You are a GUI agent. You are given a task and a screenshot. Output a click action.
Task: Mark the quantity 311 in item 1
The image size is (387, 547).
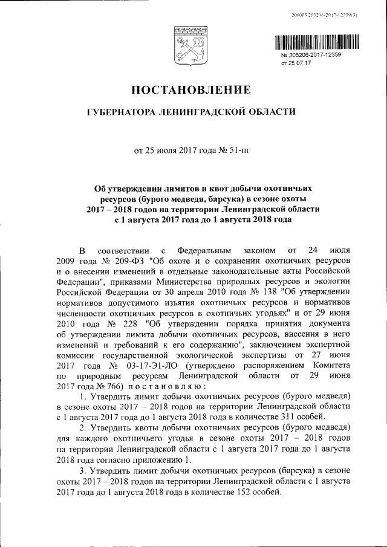pos(278,416)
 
